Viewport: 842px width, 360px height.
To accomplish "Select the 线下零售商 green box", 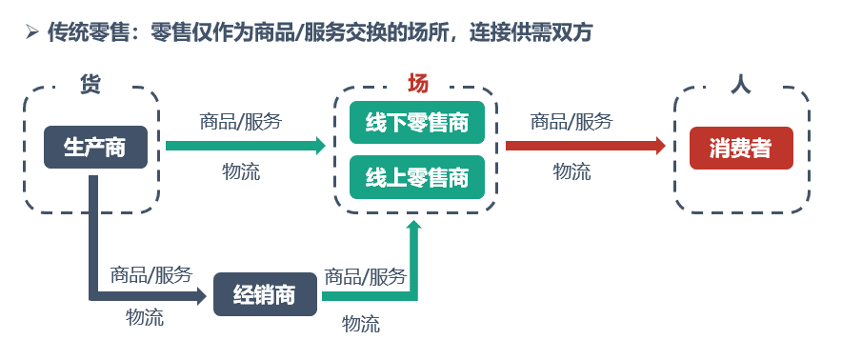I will [416, 123].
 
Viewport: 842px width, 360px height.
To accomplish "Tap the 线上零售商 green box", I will [416, 176].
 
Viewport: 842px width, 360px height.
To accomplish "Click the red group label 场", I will [417, 84].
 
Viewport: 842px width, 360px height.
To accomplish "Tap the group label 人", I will [740, 85].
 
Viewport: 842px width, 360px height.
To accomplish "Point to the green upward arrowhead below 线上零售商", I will [413, 227].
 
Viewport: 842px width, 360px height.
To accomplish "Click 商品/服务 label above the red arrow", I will [571, 121].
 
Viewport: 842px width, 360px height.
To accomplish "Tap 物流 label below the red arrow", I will [571, 172].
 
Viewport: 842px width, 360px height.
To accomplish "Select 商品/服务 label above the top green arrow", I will [240, 121].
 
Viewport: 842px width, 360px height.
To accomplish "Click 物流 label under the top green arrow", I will [241, 172].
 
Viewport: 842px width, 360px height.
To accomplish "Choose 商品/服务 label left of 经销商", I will [151, 274].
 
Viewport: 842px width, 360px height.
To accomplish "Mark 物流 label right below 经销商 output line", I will [361, 324].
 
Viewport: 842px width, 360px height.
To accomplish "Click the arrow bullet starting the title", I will [32, 33].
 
